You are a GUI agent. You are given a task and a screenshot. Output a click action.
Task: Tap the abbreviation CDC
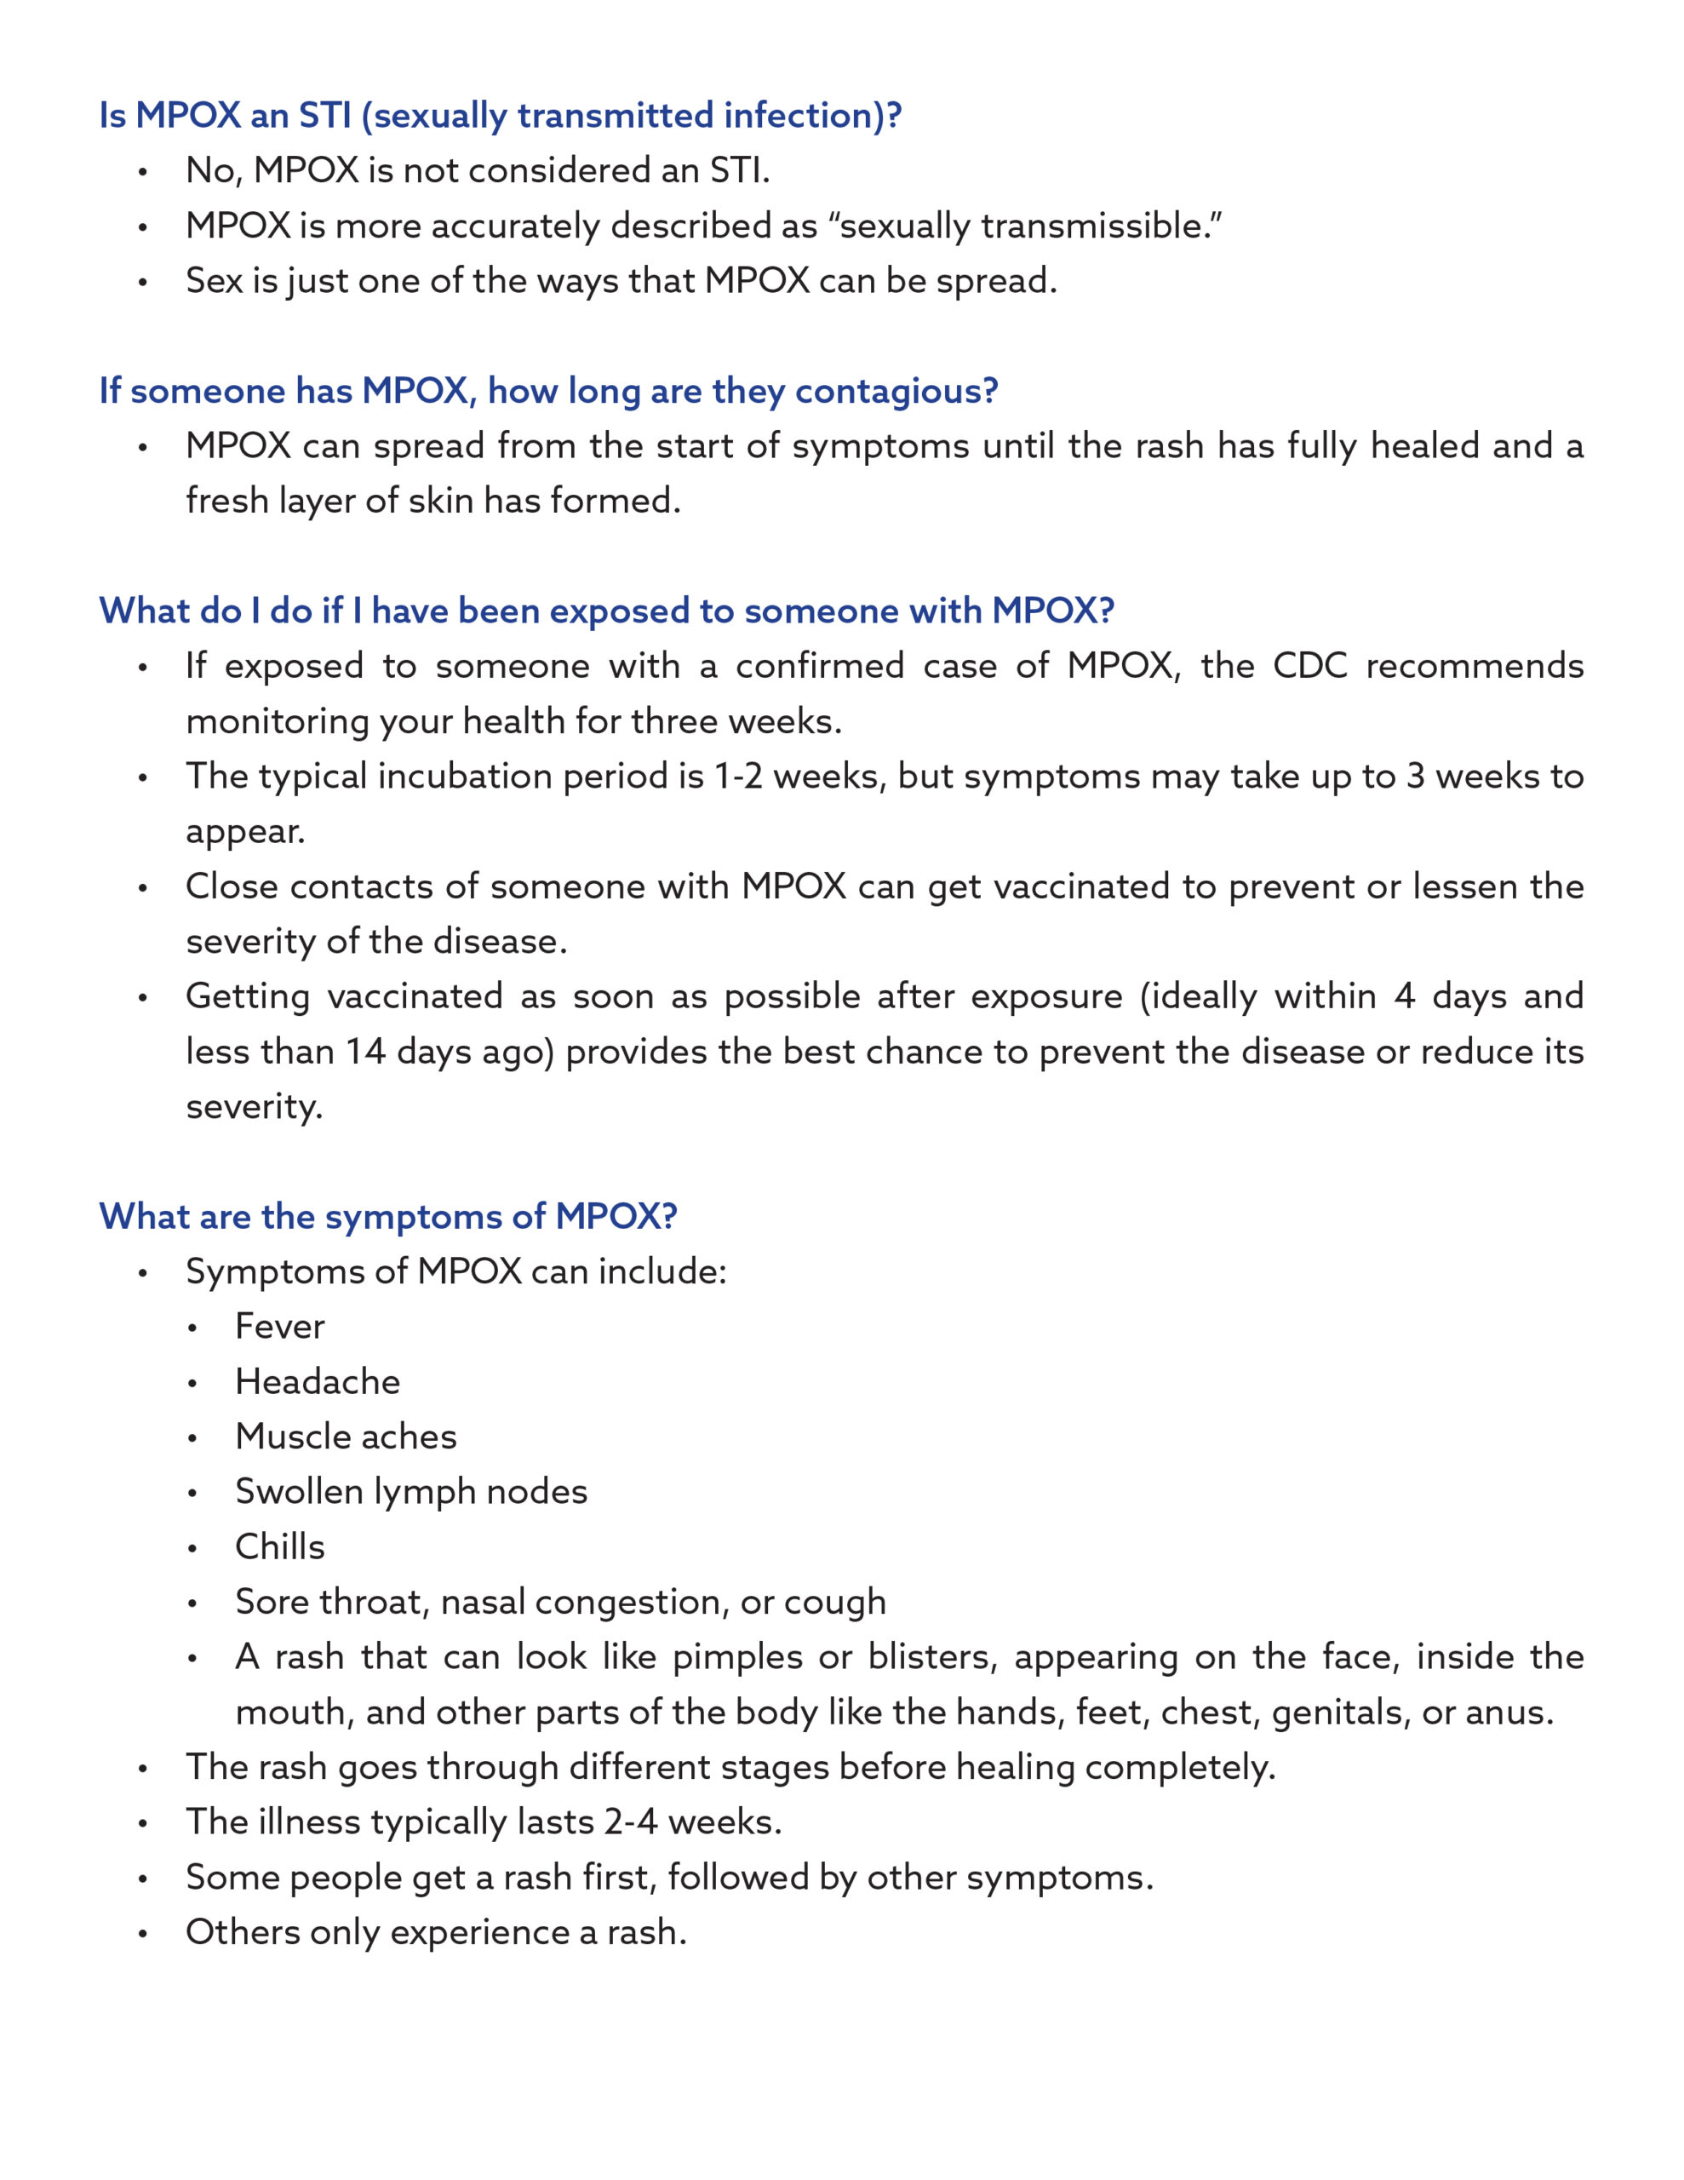coord(1309,666)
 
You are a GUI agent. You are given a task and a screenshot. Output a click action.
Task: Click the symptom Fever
coord(279,1327)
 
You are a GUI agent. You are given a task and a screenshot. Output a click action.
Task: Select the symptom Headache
coord(318,1381)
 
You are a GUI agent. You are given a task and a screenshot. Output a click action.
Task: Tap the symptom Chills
coord(279,1546)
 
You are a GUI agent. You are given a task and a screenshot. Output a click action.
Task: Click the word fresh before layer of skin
coord(226,500)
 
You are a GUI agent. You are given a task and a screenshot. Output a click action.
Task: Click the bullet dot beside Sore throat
coord(192,1603)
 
